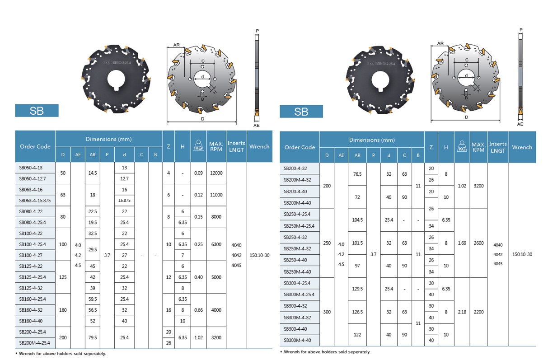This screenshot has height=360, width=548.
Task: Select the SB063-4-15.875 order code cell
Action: point(34,201)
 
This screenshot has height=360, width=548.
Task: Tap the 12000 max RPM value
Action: point(216,173)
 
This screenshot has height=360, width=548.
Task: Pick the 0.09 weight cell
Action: point(198,173)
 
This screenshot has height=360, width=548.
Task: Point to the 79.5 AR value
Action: point(93,337)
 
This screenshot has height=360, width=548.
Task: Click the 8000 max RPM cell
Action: point(216,217)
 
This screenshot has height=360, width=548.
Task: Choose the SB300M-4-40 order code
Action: point(297,340)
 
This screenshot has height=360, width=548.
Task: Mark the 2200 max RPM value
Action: point(478,312)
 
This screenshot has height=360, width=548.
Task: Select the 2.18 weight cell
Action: point(462,312)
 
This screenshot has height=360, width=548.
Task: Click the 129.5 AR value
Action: point(357,289)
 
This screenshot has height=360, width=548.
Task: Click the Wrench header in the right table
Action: point(522,147)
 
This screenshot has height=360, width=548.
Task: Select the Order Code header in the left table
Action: point(35,146)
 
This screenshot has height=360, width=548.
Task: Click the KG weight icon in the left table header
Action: point(198,146)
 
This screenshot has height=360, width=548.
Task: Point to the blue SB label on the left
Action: point(37,111)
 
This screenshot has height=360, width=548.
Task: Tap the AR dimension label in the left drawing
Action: point(177,45)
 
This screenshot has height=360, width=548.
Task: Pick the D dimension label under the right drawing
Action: point(466,117)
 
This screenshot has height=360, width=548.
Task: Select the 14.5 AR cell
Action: point(93,173)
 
